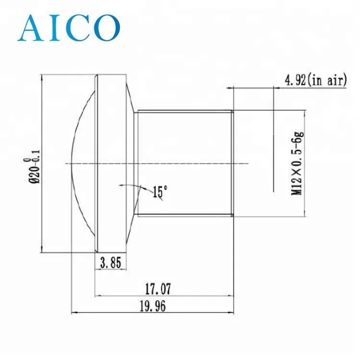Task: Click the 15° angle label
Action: [160, 192]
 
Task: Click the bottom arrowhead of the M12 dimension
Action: [305, 213]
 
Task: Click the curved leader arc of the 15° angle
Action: [130, 184]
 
